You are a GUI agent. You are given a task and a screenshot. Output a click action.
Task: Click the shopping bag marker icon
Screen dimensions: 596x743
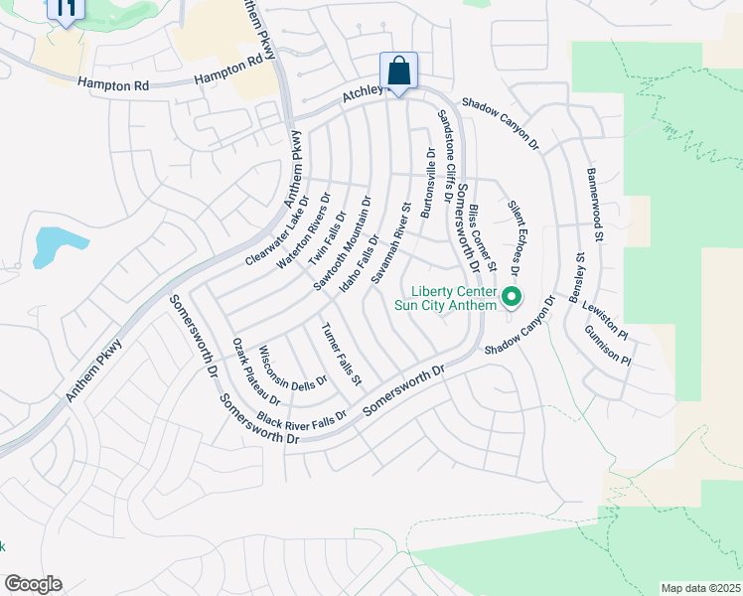tap(398, 72)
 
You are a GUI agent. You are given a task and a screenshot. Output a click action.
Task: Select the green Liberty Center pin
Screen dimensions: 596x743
tap(513, 297)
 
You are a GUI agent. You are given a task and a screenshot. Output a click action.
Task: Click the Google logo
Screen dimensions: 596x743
tap(33, 583)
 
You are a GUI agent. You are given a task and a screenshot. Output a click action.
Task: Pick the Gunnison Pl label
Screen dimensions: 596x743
tap(608, 345)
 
